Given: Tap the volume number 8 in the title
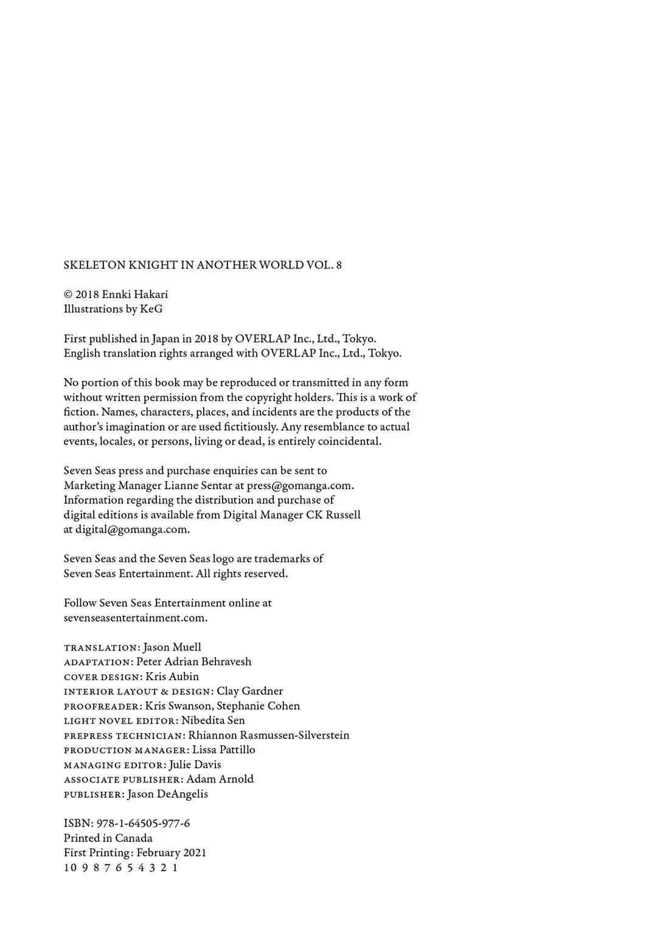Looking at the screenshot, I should pos(339,265).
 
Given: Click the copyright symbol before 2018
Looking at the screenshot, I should pos(68,294).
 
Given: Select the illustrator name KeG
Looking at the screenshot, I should pos(151,309).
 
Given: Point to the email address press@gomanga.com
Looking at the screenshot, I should pos(300,486).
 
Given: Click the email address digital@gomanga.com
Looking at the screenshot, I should pos(132,529).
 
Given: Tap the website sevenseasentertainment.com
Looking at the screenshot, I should pos(135,618).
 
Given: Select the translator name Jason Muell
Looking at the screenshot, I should pos(172,647).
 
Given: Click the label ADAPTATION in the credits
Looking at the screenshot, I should pos(97,663).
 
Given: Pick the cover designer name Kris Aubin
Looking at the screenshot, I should pos(172,677).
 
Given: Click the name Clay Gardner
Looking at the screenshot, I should pos(249,691).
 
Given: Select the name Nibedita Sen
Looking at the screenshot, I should pos(213,720).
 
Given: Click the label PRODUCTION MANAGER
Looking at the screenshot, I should pos(126,751).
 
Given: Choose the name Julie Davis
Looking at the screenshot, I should pos(195,765).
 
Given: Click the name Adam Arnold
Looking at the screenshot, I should pos(220,779).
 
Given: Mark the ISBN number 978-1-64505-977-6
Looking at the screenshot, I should pos(143,823).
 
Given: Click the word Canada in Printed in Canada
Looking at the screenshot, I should pos(134,838).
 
